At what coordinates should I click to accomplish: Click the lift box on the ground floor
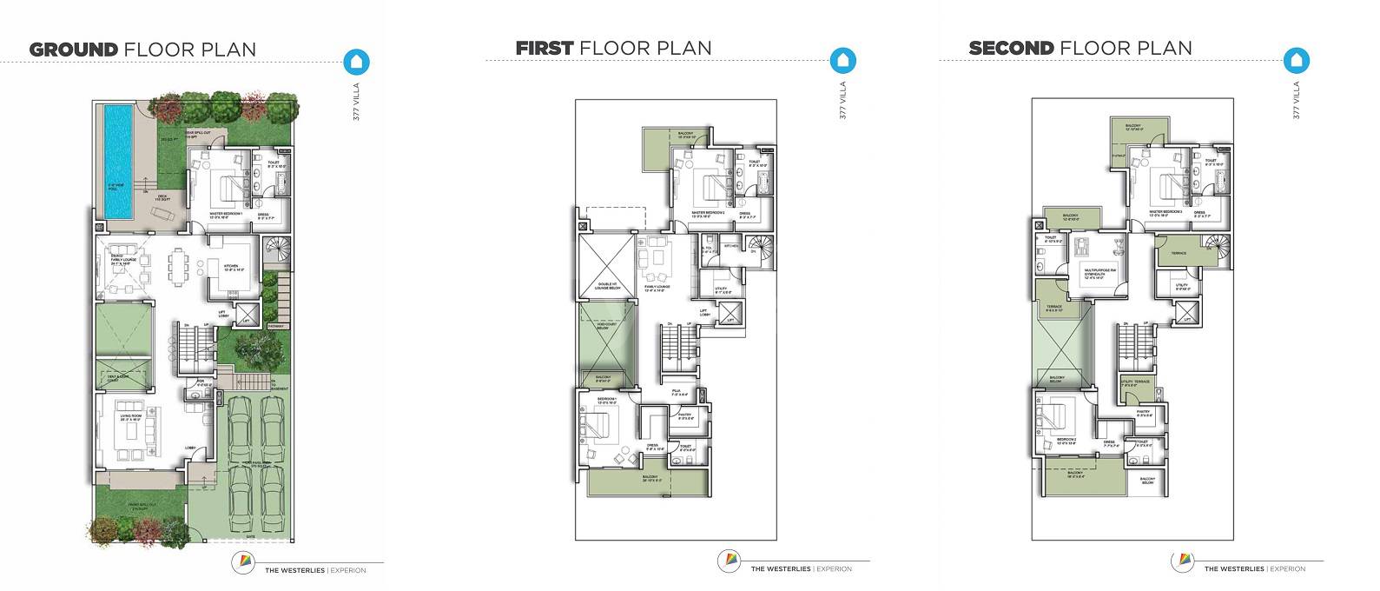pyautogui.click(x=247, y=314)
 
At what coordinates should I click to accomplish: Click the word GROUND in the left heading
pyautogui.click(x=74, y=49)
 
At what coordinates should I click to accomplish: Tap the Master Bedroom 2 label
pyautogui.click(x=706, y=214)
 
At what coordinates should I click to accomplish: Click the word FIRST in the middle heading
pyautogui.click(x=544, y=47)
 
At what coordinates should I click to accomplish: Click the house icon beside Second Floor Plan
pyautogui.click(x=1297, y=60)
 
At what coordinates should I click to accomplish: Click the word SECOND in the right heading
pyautogui.click(x=1011, y=47)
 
